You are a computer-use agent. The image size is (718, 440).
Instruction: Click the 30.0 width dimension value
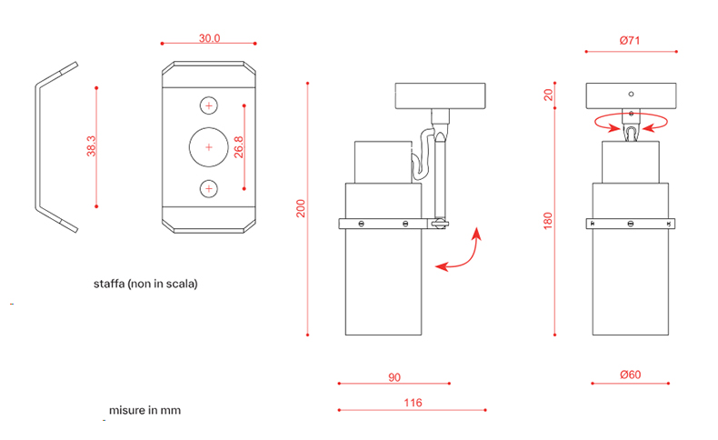point(210,38)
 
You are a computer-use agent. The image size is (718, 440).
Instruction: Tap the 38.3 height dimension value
point(92,146)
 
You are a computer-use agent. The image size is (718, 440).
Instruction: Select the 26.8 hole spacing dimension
point(238,147)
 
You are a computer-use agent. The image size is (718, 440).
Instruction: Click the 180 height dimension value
point(548,220)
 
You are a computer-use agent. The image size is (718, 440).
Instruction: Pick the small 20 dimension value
point(548,95)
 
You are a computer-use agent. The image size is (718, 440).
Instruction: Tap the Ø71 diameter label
point(632,40)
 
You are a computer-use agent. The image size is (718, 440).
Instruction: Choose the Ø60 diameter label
point(631,376)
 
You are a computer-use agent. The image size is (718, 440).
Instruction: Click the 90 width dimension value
point(394,376)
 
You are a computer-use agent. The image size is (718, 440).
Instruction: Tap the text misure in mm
point(145,410)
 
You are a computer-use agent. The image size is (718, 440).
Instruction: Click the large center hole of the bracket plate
point(209,146)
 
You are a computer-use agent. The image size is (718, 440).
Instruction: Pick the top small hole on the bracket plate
point(209,106)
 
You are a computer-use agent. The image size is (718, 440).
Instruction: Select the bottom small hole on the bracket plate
point(209,188)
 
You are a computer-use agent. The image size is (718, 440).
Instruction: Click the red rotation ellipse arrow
point(631,124)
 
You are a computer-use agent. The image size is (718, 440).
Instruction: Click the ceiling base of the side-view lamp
point(443,95)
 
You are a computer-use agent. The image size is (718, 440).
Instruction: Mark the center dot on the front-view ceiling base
point(631,92)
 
